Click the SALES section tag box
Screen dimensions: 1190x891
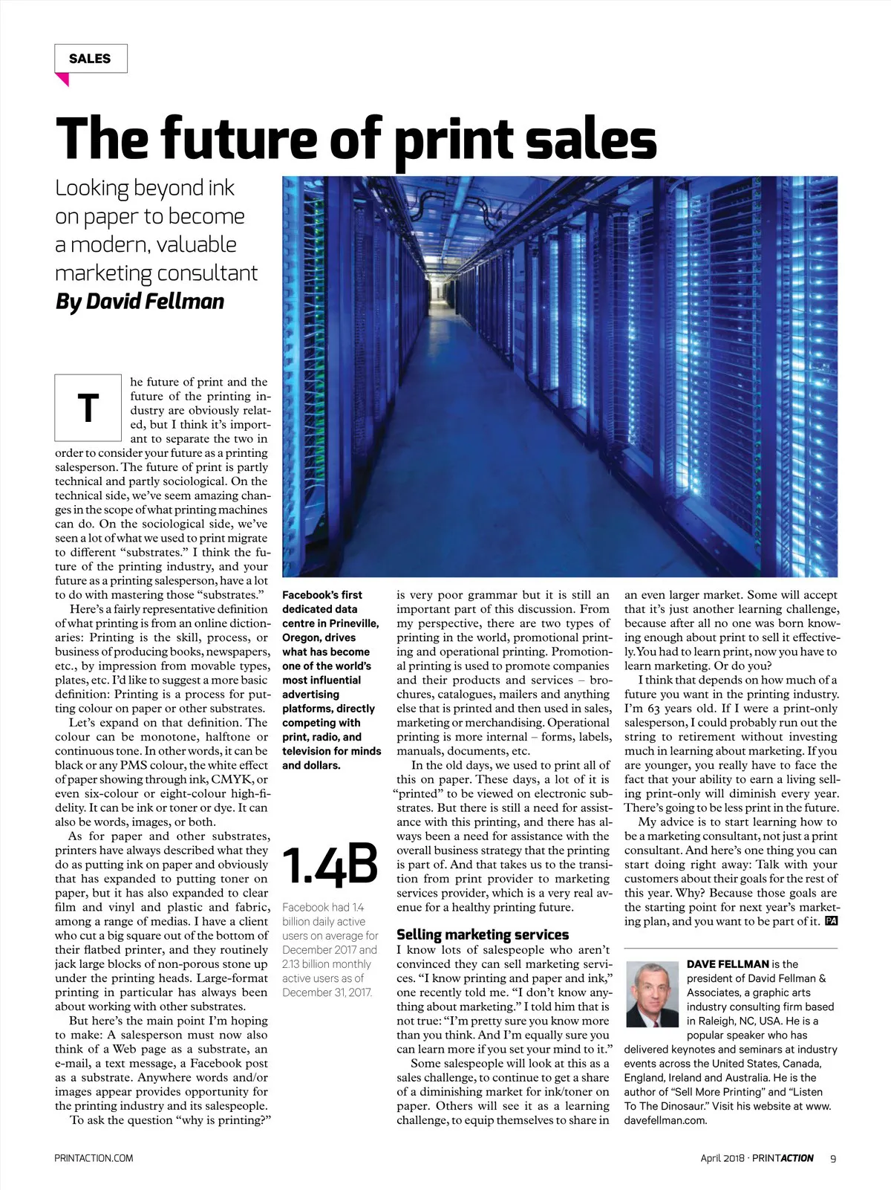[x=91, y=59]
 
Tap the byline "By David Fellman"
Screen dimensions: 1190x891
[x=140, y=301]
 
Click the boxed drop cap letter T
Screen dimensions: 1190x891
[x=88, y=407]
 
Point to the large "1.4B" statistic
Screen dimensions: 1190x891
[x=330, y=866]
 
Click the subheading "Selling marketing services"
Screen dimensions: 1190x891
[x=483, y=934]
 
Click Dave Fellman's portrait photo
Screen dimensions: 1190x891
[x=652, y=994]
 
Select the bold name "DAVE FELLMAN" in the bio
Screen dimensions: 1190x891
[x=728, y=964]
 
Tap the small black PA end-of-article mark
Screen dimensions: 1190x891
[x=831, y=921]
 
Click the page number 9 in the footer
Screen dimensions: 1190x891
[x=833, y=1158]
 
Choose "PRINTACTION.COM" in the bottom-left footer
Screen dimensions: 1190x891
[x=94, y=1158]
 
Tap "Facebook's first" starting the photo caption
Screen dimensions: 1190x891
[x=322, y=595]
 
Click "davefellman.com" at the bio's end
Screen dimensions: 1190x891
[x=665, y=1120]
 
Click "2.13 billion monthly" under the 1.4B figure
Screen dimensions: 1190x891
[x=327, y=964]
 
